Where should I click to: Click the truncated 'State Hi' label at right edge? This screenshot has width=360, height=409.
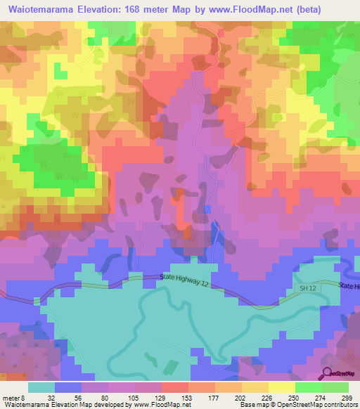pyautogui.click(x=349, y=286)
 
